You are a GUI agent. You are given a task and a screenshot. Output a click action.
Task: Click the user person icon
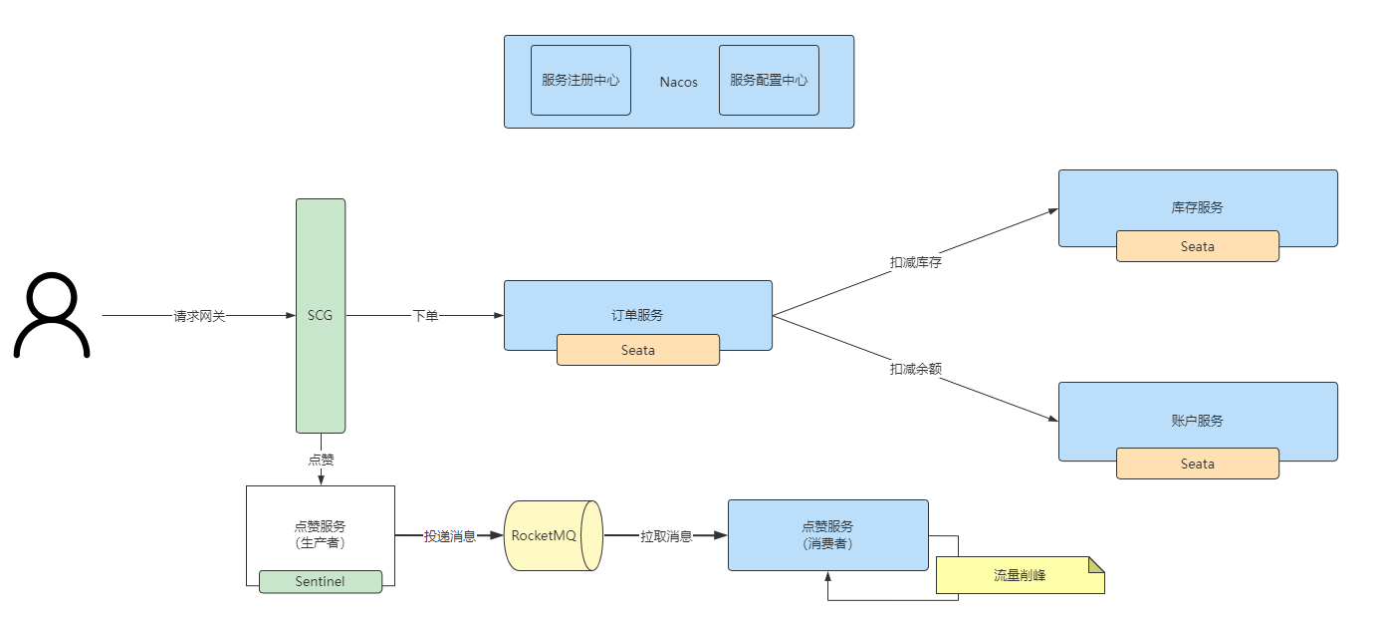52,315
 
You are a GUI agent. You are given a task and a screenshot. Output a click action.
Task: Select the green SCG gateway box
321,315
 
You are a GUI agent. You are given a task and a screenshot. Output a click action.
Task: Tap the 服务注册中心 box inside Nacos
580,80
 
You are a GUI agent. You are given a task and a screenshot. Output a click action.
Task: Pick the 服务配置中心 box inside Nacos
769,80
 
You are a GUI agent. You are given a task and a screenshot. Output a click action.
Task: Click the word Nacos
679,82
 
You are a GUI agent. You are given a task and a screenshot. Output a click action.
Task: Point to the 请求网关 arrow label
200,316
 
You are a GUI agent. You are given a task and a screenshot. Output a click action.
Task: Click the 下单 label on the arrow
425,316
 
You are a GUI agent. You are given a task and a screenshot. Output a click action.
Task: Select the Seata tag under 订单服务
638,350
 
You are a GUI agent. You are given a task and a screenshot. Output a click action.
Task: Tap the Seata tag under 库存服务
1197,246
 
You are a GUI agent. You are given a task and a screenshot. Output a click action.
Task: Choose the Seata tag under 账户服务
1197,464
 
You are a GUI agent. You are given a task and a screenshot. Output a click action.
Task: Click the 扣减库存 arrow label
916,262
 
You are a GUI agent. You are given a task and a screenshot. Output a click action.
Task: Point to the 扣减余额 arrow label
916,369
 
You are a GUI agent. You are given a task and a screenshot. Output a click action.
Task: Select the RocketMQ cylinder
553,535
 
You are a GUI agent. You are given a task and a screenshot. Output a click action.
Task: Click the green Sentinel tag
321,581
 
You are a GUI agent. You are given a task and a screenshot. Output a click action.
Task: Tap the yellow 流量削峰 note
1020,575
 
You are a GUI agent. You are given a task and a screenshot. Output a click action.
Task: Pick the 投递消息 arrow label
450,535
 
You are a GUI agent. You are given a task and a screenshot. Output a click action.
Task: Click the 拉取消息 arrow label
666,535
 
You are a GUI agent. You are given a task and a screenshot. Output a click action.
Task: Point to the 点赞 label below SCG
321,460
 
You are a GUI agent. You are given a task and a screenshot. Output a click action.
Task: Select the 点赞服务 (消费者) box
827,534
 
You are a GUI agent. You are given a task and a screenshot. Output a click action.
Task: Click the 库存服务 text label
1197,207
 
